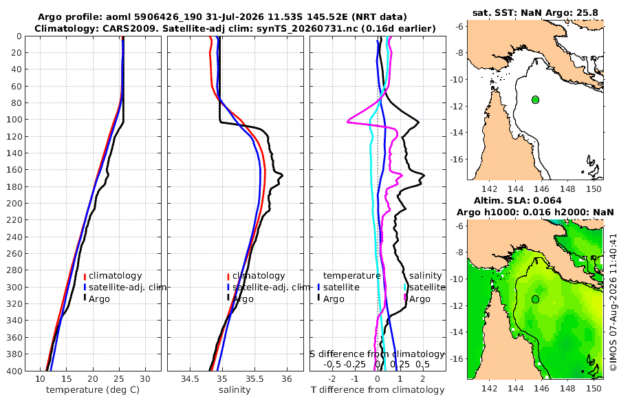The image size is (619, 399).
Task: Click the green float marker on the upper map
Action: [535, 100]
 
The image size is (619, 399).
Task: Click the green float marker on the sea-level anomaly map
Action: [535, 299]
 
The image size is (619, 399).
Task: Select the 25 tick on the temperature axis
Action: [119, 378]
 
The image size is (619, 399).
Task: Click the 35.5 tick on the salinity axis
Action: [254, 378]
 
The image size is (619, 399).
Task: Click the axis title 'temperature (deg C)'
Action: [93, 390]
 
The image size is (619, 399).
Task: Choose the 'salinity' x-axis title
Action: [235, 390]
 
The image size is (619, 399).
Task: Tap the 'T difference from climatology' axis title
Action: [378, 390]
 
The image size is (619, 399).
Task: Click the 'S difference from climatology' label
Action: [378, 354]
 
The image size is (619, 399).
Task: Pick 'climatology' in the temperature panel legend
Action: [116, 276]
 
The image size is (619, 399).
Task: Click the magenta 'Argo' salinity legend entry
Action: [420, 299]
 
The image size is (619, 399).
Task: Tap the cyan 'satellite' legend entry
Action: [427, 287]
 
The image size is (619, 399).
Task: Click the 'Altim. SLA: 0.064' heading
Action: [517, 201]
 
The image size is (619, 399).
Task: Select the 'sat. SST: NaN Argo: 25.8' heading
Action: [535, 13]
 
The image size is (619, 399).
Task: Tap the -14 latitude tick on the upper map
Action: [458, 132]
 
